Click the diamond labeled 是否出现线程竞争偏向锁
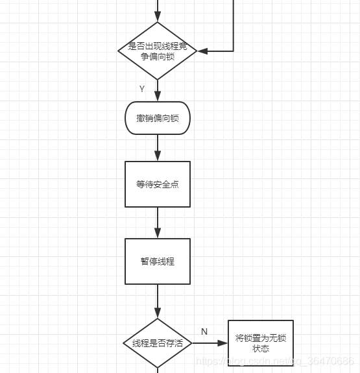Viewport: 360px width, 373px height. coord(158,51)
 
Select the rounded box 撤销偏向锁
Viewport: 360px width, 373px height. coord(158,118)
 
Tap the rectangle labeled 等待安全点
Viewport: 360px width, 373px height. coord(158,184)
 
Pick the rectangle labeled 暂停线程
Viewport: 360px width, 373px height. coord(158,261)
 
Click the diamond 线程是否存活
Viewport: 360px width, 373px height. coord(158,343)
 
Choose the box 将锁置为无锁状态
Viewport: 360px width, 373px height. coord(261,343)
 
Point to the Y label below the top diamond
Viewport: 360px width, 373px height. coord(142,89)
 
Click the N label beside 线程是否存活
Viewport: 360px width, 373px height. coord(204,331)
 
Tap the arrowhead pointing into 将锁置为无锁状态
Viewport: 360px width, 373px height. coord(222,343)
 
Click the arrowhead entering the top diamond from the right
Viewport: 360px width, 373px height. coord(202,51)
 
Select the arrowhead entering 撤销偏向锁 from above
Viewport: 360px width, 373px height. coord(158,97)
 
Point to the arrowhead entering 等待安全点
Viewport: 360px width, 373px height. coord(158,156)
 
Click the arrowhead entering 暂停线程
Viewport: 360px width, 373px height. coord(158,233)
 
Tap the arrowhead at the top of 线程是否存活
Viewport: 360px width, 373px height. coord(158,313)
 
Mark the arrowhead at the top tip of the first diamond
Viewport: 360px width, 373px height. coord(158,17)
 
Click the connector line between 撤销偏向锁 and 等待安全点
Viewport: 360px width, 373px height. coord(158,148)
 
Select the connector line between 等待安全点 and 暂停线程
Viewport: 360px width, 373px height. coord(158,223)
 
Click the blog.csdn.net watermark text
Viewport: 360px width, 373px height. coord(275,361)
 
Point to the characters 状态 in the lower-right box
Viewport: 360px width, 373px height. coord(261,348)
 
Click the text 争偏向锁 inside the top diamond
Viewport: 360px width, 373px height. coord(158,56)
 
